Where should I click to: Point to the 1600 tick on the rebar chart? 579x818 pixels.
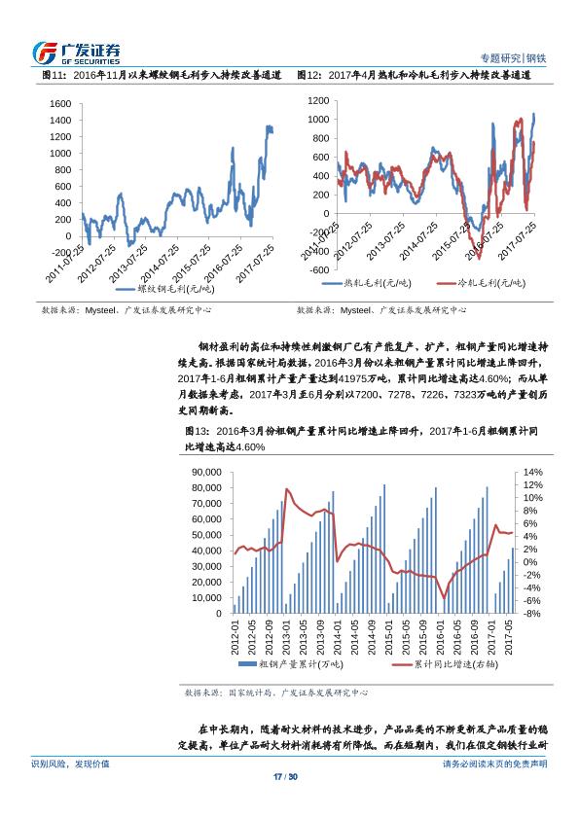coord(59,103)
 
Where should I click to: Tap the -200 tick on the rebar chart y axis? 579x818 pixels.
coord(59,253)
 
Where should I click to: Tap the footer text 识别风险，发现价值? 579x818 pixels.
coord(71,765)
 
